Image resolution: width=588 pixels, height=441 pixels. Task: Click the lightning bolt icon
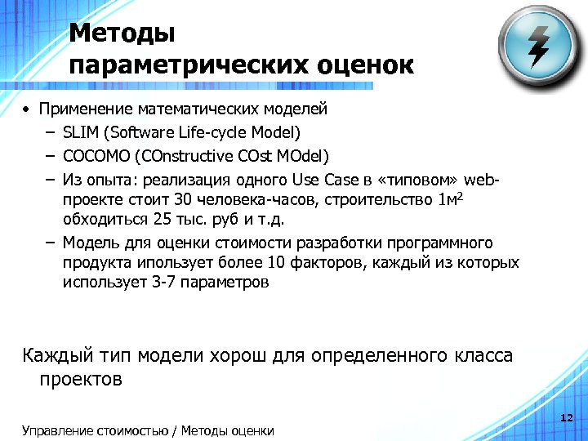(x=539, y=46)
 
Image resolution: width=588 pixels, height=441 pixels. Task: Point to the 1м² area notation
(x=448, y=200)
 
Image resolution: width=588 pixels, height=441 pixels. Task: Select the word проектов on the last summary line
(x=81, y=379)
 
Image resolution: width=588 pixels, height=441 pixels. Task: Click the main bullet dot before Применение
(x=26, y=109)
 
